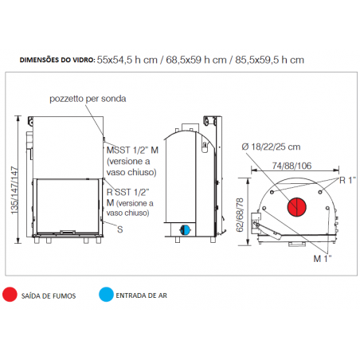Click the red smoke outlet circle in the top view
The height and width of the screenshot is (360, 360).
click(297, 207)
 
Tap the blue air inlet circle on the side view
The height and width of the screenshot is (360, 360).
click(186, 230)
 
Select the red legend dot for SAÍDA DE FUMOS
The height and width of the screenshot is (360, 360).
click(10, 295)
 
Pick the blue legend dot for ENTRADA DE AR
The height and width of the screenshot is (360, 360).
click(106, 295)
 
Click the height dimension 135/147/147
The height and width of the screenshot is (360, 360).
click(15, 190)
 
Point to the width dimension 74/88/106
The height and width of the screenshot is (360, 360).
click(292, 166)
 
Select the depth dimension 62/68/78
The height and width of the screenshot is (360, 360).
click(240, 214)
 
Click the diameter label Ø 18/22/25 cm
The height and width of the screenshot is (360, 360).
click(271, 147)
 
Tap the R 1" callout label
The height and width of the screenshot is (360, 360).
click(347, 181)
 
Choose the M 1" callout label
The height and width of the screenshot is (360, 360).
click(323, 258)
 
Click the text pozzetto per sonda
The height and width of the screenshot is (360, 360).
click(88, 99)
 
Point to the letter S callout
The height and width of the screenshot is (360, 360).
click(120, 229)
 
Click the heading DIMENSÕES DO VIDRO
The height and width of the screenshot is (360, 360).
click(57, 60)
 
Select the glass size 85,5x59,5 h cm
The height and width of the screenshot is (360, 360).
click(269, 60)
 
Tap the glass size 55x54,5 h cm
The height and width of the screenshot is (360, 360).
click(127, 60)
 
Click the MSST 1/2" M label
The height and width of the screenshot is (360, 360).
click(132, 151)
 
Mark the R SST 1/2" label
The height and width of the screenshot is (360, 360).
click(128, 192)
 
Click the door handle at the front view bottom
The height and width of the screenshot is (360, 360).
click(68, 232)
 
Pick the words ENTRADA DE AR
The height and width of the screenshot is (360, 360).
click(142, 295)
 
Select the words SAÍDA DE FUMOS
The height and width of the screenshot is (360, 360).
click(49, 295)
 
